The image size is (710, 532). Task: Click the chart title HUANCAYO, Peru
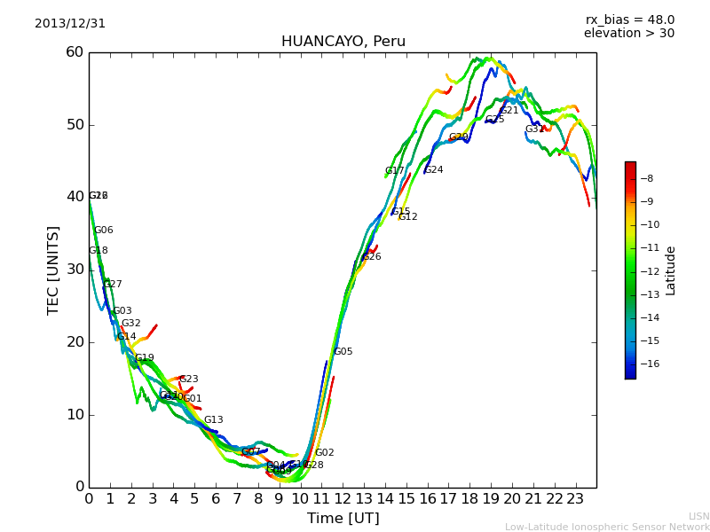(x=343, y=42)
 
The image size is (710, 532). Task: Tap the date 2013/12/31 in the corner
(x=70, y=24)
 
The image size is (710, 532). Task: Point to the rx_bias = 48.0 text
(x=629, y=20)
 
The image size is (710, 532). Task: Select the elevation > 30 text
(x=628, y=34)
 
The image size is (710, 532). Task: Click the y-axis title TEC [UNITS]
(x=53, y=270)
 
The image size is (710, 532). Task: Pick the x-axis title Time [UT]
(x=343, y=518)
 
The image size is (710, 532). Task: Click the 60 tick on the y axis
(x=75, y=52)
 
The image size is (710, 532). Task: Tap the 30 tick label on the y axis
(x=75, y=270)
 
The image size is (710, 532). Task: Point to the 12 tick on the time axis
(x=343, y=498)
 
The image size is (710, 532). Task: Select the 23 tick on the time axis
(x=575, y=498)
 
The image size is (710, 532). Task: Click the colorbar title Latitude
(x=671, y=270)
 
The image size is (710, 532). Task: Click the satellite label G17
(x=394, y=171)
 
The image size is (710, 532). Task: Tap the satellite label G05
(x=343, y=352)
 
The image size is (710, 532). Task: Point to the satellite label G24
(x=433, y=170)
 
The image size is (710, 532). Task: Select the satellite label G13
(x=213, y=420)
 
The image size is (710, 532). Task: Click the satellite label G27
(x=113, y=285)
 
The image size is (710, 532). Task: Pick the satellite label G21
(x=509, y=111)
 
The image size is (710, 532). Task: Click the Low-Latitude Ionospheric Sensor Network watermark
(x=607, y=527)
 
